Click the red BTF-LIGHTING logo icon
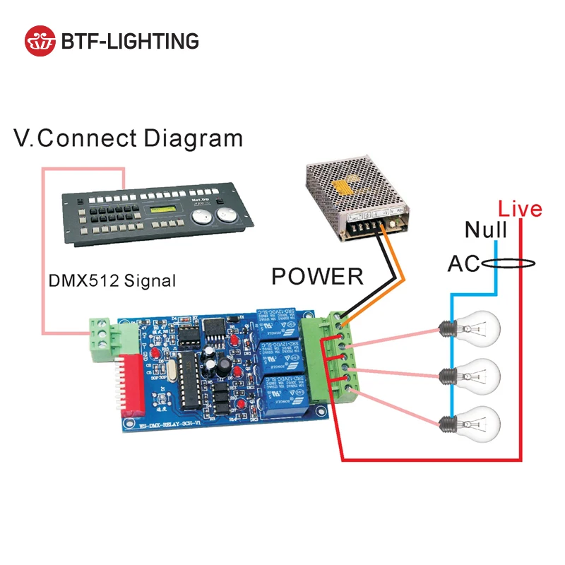pos(40,41)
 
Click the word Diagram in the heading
pos(193,138)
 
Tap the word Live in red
pos(520,209)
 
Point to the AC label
pos(463,264)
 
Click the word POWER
pos(317,276)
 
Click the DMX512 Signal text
pos(112,280)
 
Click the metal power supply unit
pos(357,197)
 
